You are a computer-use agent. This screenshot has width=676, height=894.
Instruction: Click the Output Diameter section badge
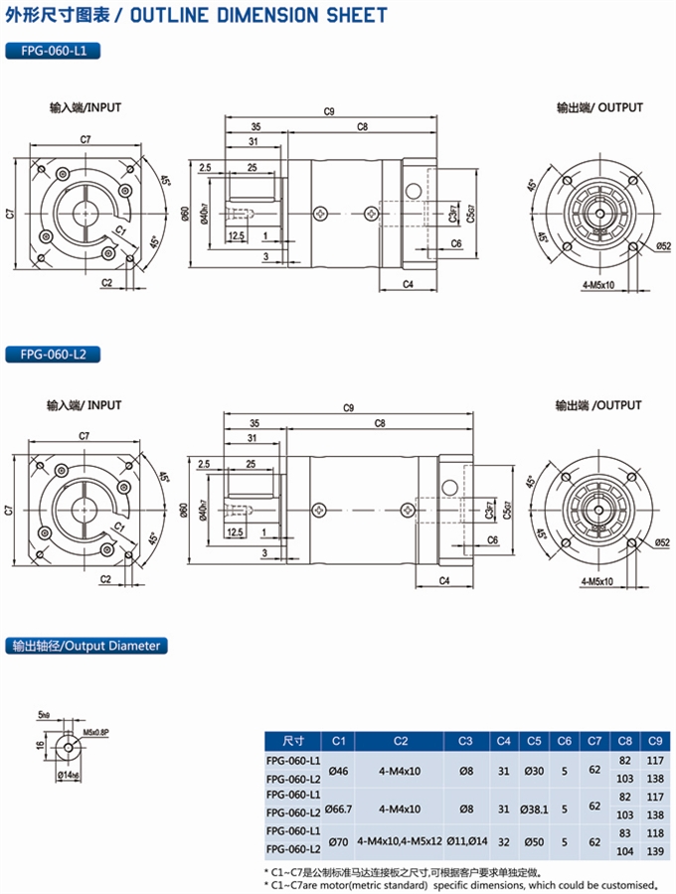pos(85,646)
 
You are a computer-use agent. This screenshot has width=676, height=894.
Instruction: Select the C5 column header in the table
pos(534,741)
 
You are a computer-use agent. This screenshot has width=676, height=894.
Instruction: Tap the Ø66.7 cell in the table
pos(338,810)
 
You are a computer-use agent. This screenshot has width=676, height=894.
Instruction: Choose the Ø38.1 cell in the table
pos(534,810)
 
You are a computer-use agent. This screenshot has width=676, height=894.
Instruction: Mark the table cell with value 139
pos(655,850)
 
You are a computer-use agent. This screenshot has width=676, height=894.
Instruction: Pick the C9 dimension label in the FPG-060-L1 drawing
pos(329,111)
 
